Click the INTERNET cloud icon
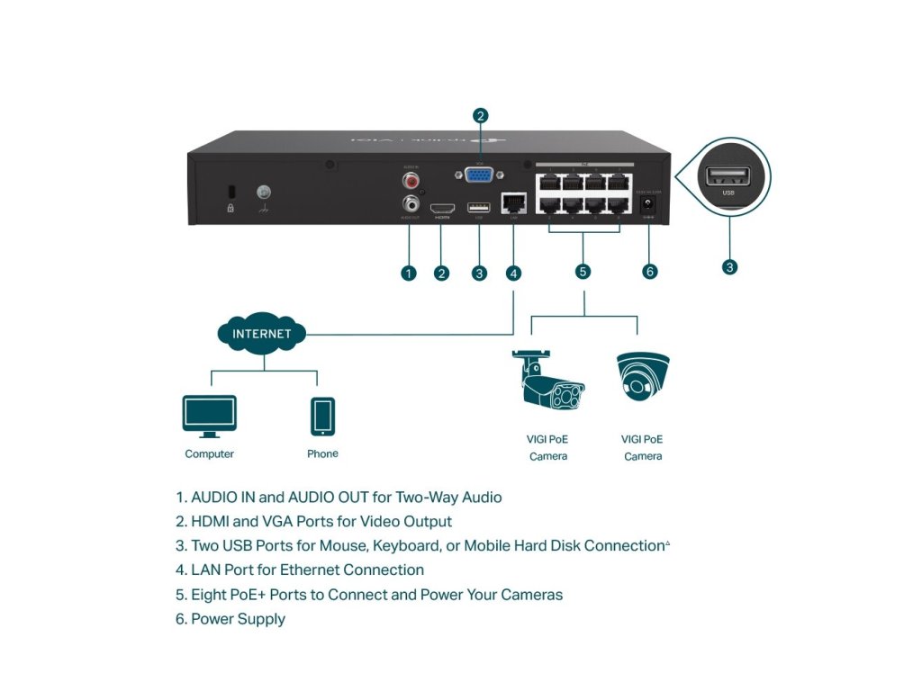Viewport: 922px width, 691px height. pyautogui.click(x=262, y=333)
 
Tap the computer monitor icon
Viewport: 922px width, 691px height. pyautogui.click(x=209, y=417)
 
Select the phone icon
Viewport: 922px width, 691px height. pyautogui.click(x=322, y=417)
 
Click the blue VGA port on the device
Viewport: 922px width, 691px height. pyautogui.click(x=480, y=176)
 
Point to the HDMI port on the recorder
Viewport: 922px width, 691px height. pyautogui.click(x=442, y=207)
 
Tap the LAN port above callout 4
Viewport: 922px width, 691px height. pyautogui.click(x=513, y=206)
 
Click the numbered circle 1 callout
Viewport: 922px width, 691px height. pyautogui.click(x=409, y=273)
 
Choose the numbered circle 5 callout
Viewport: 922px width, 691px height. pyautogui.click(x=583, y=271)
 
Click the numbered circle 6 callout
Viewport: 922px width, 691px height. pyautogui.click(x=650, y=271)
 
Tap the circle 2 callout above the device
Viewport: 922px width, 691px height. pyautogui.click(x=481, y=115)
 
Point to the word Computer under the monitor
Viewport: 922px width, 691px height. pyautogui.click(x=209, y=454)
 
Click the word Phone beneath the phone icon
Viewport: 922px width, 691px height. pyautogui.click(x=322, y=454)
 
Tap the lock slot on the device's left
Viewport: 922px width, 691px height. pyautogui.click(x=230, y=192)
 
